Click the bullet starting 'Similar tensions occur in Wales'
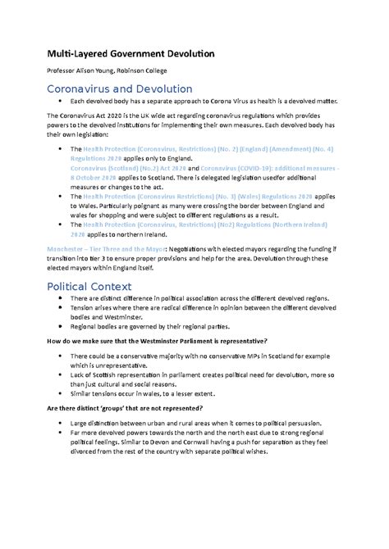pyautogui.click(x=165, y=391)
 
